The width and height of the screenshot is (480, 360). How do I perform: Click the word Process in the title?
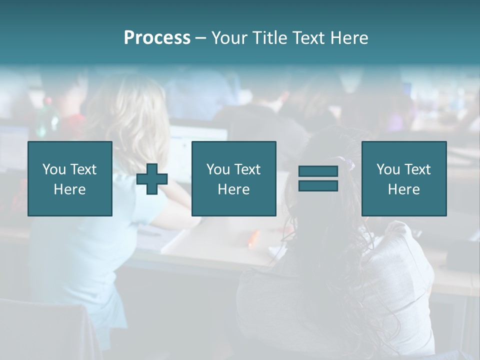coord(157,38)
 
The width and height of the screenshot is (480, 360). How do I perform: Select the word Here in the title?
coord(348,38)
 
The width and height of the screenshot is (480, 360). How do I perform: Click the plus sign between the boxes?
coord(152,179)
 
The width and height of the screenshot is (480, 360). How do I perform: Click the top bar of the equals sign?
coord(318,171)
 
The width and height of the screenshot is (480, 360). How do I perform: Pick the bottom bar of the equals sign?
coord(318,185)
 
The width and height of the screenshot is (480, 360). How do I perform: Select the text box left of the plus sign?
coord(69,178)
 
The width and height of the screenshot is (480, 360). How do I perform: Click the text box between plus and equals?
coord(233,178)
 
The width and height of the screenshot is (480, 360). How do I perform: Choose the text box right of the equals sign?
coord(403,178)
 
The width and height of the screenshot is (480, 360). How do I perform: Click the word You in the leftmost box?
coord(54,169)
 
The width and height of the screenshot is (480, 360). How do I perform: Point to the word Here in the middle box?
coord(233,189)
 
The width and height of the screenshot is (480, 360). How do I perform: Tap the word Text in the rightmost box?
coord(418,169)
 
